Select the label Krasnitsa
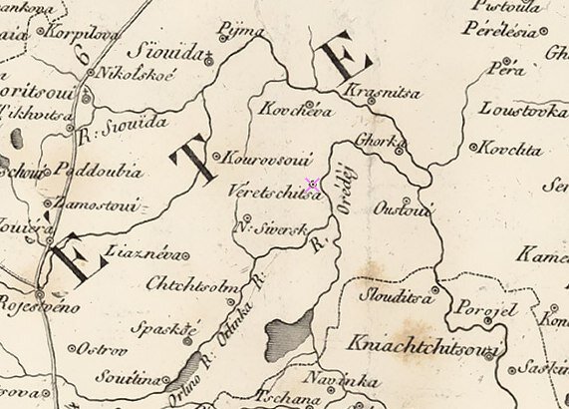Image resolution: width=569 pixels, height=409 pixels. [370, 94]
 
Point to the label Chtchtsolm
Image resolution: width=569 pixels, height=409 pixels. [183, 286]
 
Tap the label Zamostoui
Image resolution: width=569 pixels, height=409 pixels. [102, 203]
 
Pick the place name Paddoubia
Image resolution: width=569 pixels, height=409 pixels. [99, 171]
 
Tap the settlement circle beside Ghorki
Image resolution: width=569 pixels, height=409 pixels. [399, 152]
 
